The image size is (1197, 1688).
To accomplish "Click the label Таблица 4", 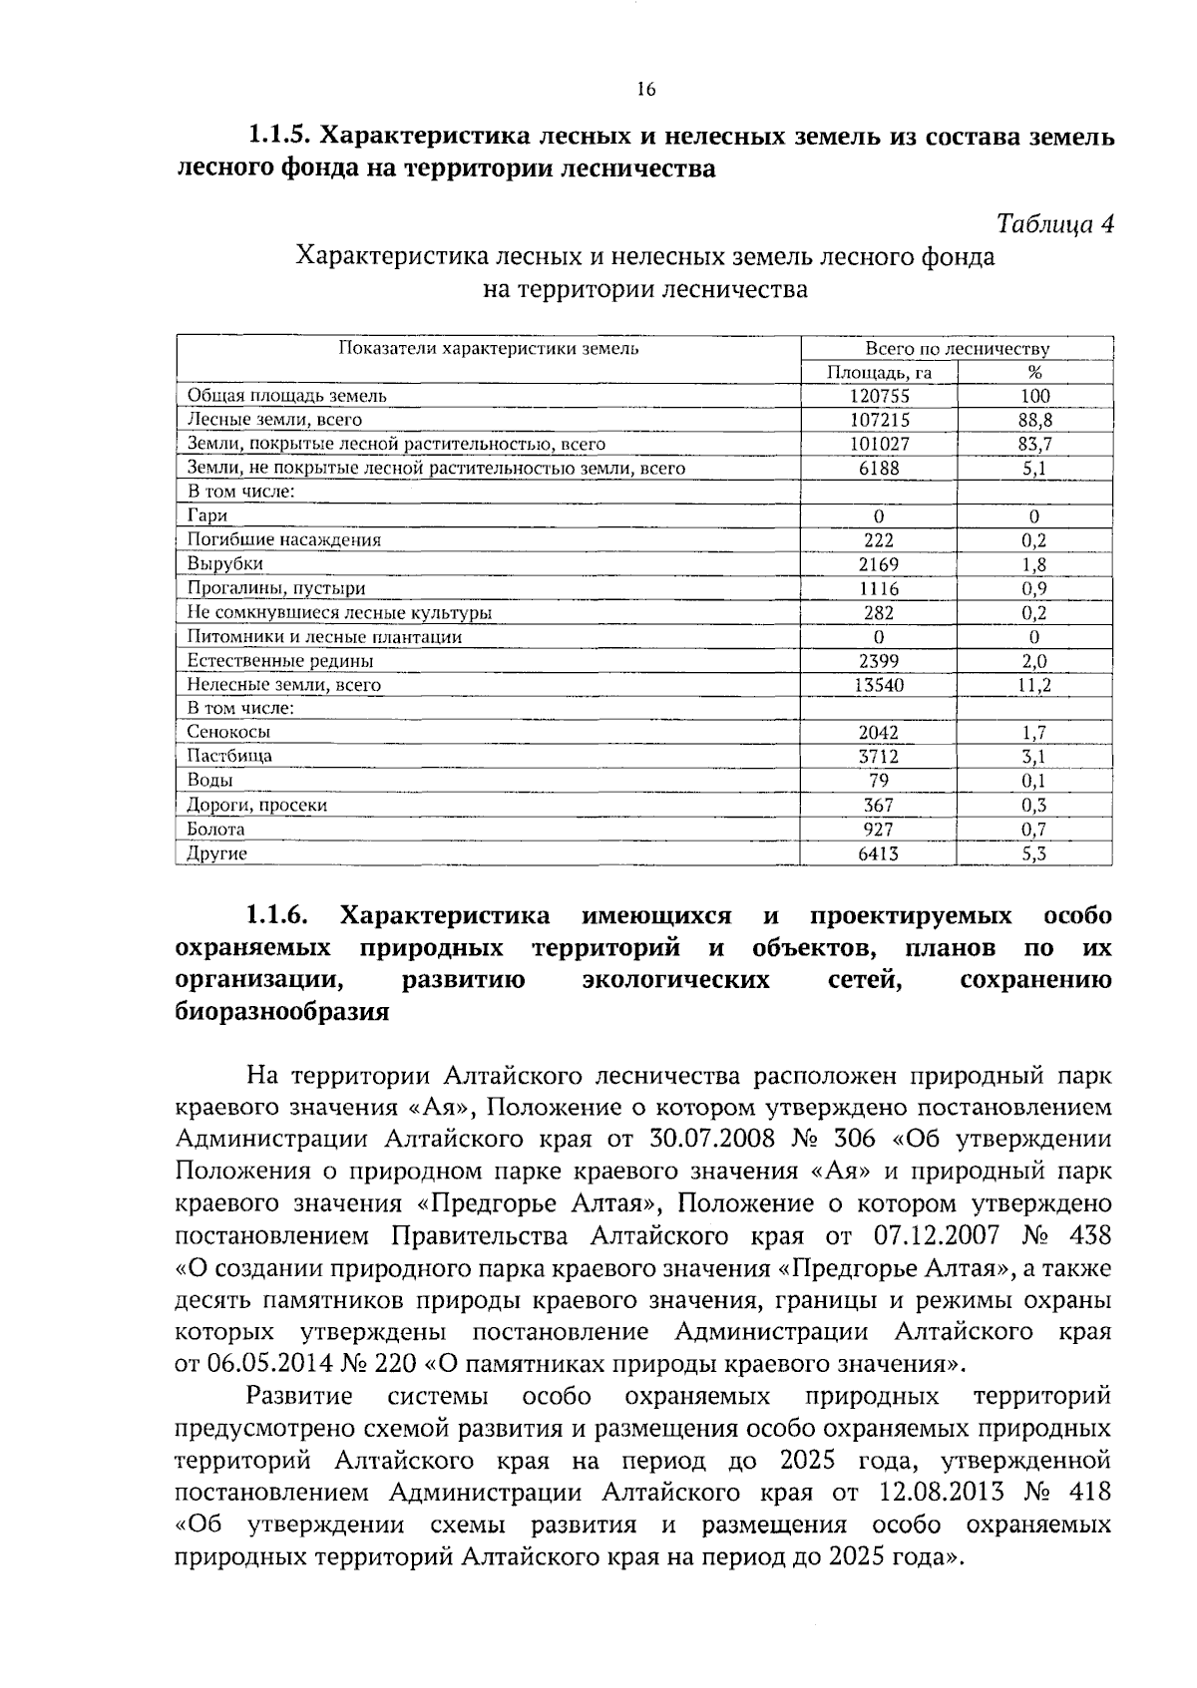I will [x=1055, y=224].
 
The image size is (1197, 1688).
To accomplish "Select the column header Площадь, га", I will [x=879, y=372].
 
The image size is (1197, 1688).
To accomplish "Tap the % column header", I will [x=1034, y=372].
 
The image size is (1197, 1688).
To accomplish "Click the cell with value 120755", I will [x=879, y=396].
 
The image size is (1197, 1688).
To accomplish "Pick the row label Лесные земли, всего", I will [x=275, y=420].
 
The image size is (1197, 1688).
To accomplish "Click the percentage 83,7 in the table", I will [x=1034, y=444].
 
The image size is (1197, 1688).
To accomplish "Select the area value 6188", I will [x=879, y=468].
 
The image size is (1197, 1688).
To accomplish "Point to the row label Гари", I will [x=207, y=515].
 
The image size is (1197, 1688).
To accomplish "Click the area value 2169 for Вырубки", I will [x=879, y=564].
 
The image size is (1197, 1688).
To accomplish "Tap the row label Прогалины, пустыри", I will [x=276, y=588].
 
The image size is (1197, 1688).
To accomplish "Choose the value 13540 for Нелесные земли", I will [x=879, y=685].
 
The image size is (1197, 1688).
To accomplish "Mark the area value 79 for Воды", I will [x=879, y=780].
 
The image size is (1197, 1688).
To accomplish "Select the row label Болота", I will [x=216, y=829].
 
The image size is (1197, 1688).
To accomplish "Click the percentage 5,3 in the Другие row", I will [x=1034, y=853].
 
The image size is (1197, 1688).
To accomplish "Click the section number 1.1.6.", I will [x=278, y=915].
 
